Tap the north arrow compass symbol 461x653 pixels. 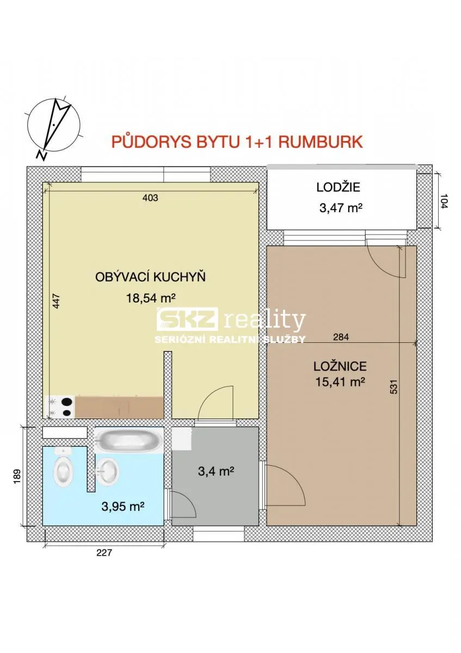click(x=54, y=126)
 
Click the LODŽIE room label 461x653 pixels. click(x=338, y=187)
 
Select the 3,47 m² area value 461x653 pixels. click(x=341, y=208)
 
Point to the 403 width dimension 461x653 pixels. click(x=150, y=198)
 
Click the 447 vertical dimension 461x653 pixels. click(x=57, y=301)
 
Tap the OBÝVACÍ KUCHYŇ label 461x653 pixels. click(x=150, y=277)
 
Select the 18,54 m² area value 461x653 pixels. click(x=150, y=298)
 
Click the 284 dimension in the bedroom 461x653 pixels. click(x=341, y=337)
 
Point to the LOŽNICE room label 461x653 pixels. click(x=340, y=366)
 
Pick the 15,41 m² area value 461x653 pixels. click(x=340, y=381)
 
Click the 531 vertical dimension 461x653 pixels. click(x=394, y=386)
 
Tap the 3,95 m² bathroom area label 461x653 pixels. click(x=123, y=507)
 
